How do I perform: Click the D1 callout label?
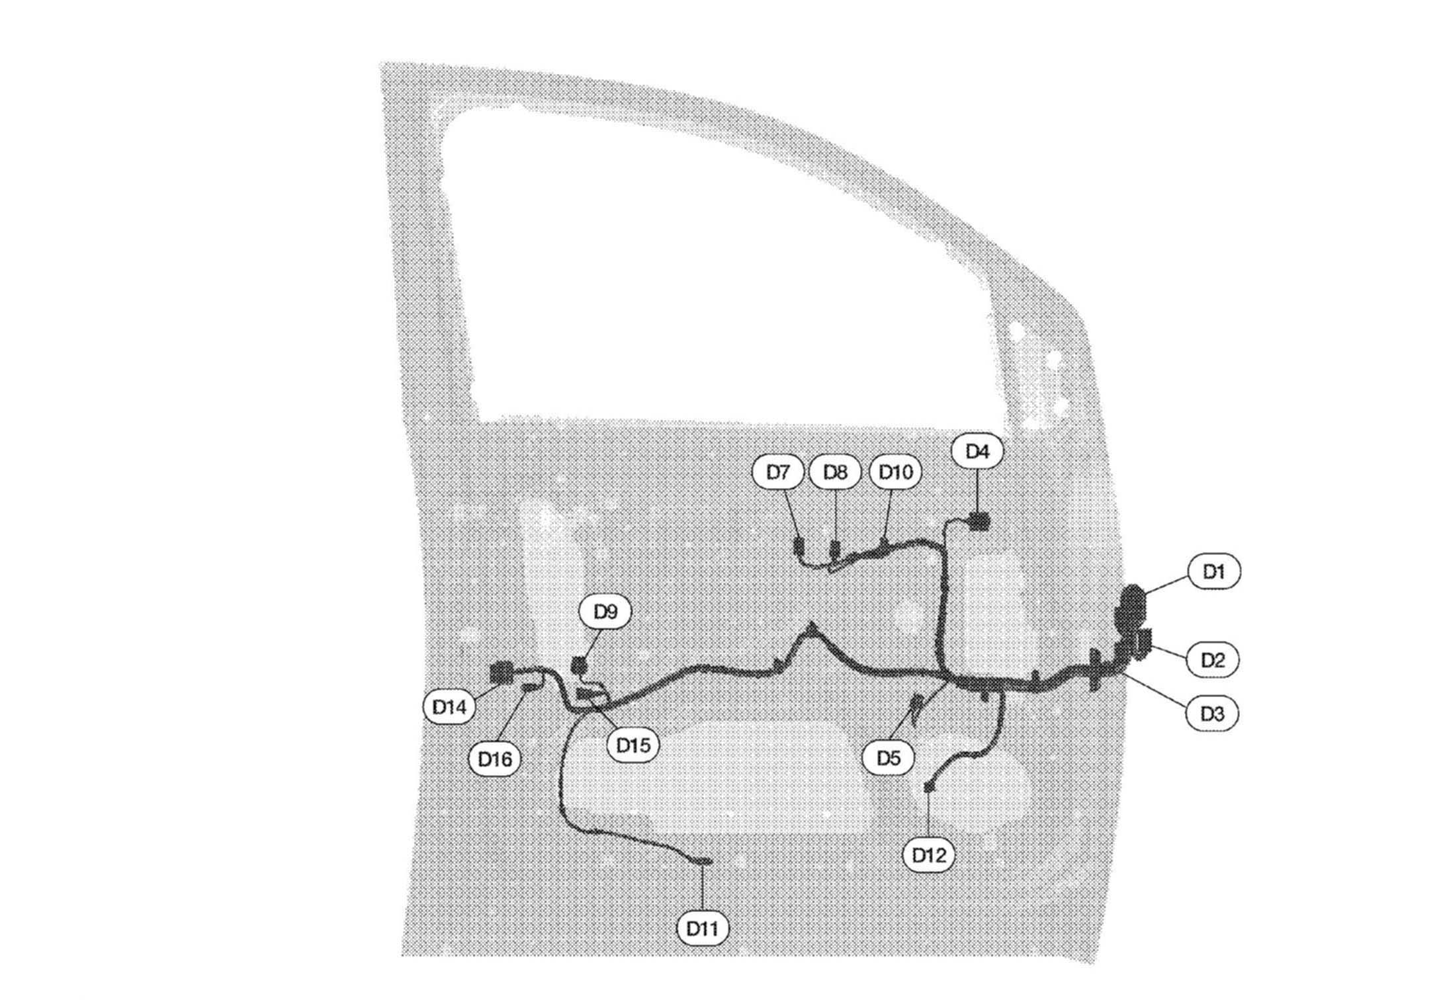1213,571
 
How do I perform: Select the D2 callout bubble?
1213,659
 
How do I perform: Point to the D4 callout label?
977,451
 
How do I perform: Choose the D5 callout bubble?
889,758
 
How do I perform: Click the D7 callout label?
778,472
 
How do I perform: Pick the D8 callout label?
835,472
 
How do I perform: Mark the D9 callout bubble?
605,612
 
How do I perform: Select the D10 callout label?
895,472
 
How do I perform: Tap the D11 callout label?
703,929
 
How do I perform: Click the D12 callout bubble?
929,855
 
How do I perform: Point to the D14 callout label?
449,707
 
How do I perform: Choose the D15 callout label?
633,745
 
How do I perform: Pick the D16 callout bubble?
495,759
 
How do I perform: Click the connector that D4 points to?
979,522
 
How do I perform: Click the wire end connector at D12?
929,786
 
